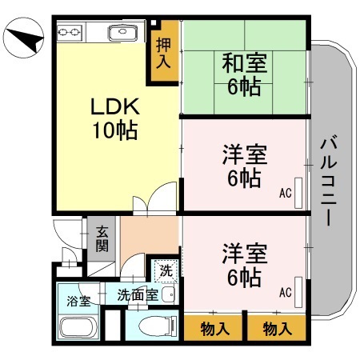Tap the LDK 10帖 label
click(x=114, y=117)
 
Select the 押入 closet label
click(x=162, y=54)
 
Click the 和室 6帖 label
click(x=244, y=74)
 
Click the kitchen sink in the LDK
click(x=121, y=34)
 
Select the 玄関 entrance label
click(x=103, y=238)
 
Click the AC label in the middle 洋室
click(x=285, y=193)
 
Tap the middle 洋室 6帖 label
click(x=244, y=166)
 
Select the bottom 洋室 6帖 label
click(x=244, y=266)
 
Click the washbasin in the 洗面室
click(x=168, y=295)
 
